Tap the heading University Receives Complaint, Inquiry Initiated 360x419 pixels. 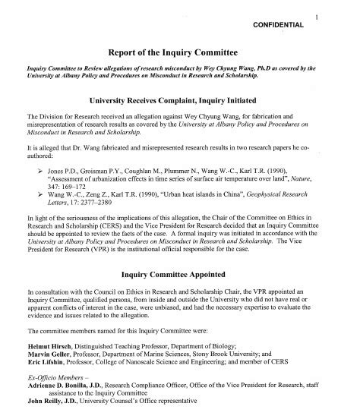tap(180, 99)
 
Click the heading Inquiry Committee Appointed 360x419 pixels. tap(180, 293)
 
